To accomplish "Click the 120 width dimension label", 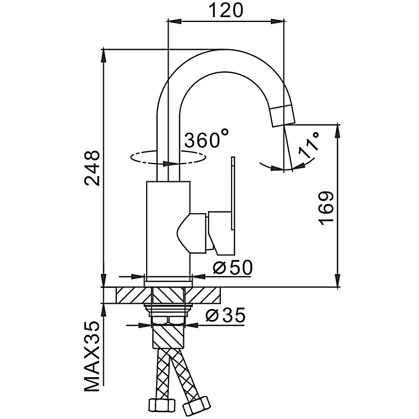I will pyautogui.click(x=227, y=10).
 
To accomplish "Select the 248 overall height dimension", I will pyautogui.click(x=93, y=169).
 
